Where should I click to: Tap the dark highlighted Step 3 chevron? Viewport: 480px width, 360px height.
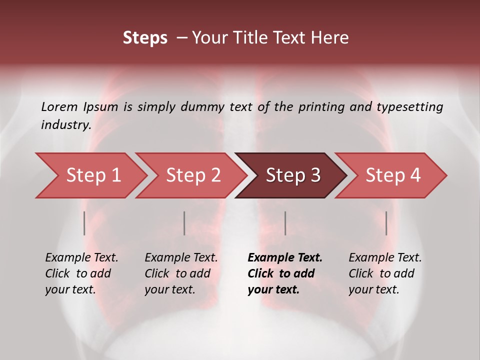pyautogui.click(x=292, y=175)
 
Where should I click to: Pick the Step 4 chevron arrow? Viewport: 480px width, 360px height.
pyautogui.click(x=392, y=175)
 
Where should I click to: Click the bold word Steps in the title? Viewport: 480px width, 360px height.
pyautogui.click(x=145, y=38)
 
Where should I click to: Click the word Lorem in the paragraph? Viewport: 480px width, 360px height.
pyautogui.click(x=59, y=107)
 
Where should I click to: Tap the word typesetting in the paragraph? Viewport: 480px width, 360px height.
pyautogui.click(x=409, y=107)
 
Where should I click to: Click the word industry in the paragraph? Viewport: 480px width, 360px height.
pyautogui.click(x=65, y=124)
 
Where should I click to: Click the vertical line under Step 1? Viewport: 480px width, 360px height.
pyautogui.click(x=84, y=223)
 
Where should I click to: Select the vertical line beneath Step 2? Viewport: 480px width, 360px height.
pyautogui.click(x=184, y=223)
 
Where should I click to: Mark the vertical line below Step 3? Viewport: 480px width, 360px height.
pyautogui.click(x=285, y=223)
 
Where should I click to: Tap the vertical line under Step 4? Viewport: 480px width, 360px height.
pyautogui.click(x=386, y=223)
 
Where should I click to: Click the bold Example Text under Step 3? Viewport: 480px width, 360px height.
pyautogui.click(x=285, y=258)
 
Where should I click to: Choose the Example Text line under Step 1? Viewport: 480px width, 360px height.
pyautogui.click(x=81, y=258)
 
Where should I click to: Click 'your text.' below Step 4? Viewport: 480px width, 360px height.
pyautogui.click(x=373, y=289)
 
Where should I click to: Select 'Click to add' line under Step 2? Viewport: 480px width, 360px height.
pyautogui.click(x=177, y=273)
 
